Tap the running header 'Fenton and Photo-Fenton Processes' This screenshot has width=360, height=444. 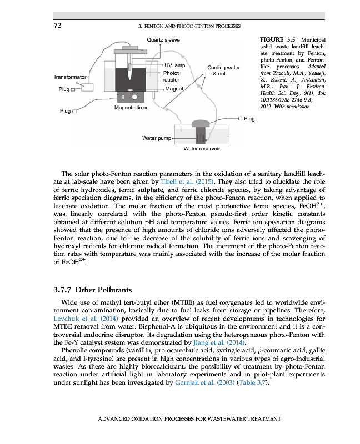(189, 26)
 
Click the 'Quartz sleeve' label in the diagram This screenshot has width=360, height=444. (163, 40)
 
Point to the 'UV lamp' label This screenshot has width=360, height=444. (174, 65)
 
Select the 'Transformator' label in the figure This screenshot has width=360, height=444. (69, 77)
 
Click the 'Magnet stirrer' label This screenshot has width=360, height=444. (131, 107)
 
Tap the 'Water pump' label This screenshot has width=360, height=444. (157, 137)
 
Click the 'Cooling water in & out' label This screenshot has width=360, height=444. (223, 70)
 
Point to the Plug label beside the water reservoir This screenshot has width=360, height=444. (249, 119)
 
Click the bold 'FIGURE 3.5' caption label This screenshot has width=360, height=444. (277, 40)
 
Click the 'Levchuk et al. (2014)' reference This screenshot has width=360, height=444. (77, 319)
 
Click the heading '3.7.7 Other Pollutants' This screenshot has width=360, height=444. (92, 290)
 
